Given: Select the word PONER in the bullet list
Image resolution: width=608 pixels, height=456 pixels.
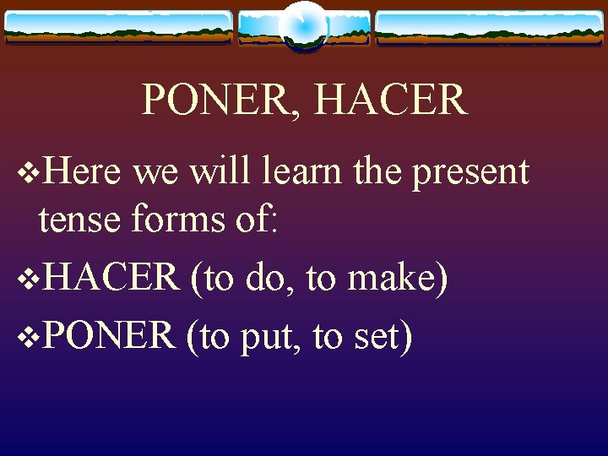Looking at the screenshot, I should coord(107,335).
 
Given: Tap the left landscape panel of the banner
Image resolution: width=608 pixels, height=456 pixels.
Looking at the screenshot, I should coord(118,27).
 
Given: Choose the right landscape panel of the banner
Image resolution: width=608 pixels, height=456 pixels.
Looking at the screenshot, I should coord(489,27).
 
